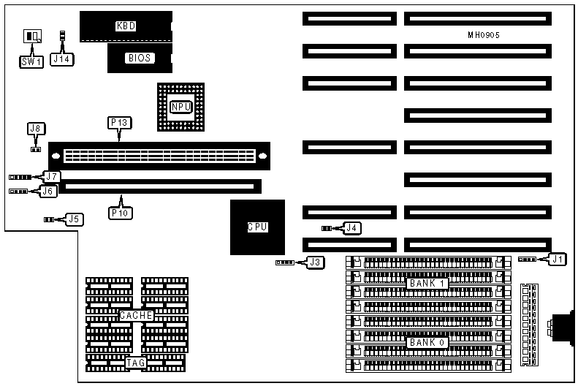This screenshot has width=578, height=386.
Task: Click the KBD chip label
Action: tap(126, 26)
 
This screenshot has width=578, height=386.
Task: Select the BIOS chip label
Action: tap(140, 58)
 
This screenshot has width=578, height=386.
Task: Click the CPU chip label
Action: tap(256, 227)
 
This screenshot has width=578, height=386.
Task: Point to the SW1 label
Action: tap(30, 62)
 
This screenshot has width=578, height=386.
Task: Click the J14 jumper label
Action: tap(62, 61)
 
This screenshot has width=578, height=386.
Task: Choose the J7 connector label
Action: tap(50, 176)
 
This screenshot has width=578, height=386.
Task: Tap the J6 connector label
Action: tap(48, 191)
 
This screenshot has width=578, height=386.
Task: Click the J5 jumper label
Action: tap(73, 218)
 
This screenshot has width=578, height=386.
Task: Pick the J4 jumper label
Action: tap(352, 228)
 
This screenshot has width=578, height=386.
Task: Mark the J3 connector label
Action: tap(315, 262)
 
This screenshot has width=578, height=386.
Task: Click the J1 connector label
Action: tap(558, 258)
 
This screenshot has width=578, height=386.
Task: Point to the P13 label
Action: tap(120, 123)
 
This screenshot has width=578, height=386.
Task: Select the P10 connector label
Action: tap(120, 213)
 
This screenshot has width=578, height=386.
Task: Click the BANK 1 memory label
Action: tap(427, 283)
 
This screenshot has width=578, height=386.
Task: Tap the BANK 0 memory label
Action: tap(427, 341)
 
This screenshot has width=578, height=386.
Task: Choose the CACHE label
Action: tap(137, 315)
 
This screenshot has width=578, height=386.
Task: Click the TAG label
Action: tap(136, 362)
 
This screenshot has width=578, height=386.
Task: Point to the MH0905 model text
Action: tap(484, 35)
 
